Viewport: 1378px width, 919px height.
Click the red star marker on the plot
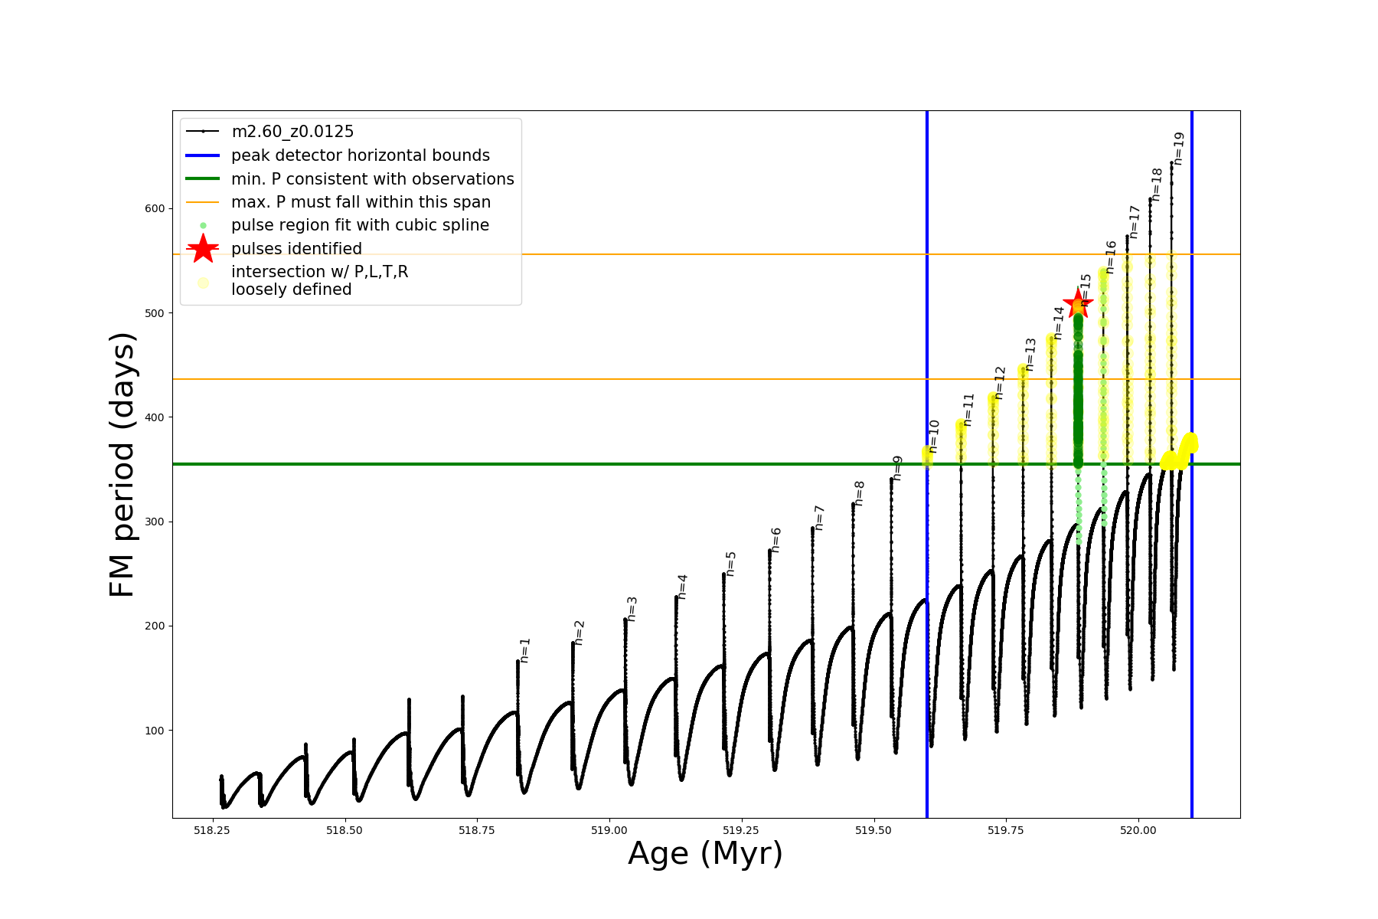coord(1078,304)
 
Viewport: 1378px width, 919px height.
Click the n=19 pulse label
coord(1179,149)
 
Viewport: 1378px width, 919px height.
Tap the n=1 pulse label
coord(524,650)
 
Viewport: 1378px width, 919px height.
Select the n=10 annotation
coord(933,437)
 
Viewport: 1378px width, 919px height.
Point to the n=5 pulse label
coord(730,564)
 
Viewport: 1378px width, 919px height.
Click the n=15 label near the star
coord(1086,289)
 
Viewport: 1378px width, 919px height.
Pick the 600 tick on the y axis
coord(155,208)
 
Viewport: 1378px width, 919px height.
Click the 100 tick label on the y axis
coord(155,731)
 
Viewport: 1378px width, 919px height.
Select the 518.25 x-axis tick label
coord(212,830)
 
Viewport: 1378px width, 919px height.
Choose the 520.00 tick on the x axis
coord(1138,830)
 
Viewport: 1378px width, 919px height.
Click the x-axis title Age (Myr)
coord(705,854)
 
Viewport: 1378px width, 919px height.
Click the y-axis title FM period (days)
coord(122,464)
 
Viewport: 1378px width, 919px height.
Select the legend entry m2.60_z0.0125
coord(292,132)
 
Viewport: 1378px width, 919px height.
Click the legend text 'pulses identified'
coord(296,249)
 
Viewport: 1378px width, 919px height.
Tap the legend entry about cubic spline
coord(360,225)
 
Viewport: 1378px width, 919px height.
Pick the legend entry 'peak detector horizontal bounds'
coord(361,155)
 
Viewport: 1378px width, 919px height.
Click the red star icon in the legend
coord(203,249)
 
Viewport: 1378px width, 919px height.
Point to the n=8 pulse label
coord(859,494)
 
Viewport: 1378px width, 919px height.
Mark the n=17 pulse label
coord(1135,222)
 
